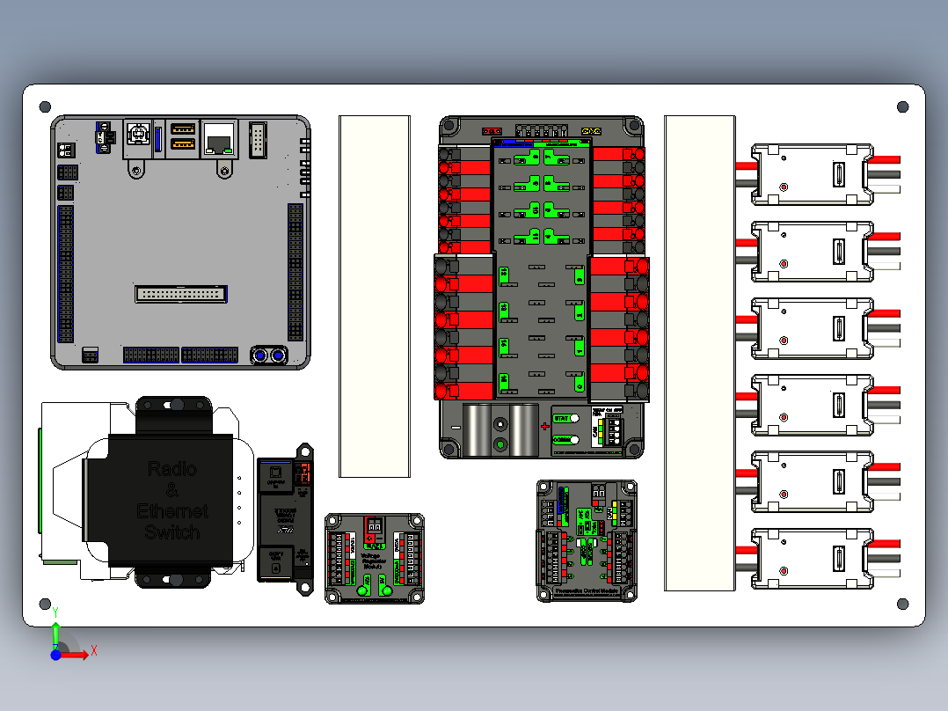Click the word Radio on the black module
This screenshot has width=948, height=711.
point(171,468)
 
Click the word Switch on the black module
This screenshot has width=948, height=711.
point(171,532)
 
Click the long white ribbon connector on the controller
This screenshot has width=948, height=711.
point(180,293)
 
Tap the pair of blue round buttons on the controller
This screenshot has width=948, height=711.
point(268,355)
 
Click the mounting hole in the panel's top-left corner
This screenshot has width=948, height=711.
point(46,107)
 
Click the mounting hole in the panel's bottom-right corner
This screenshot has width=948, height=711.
point(902,604)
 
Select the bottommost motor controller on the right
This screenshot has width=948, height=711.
point(813,559)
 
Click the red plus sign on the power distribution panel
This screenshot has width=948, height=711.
point(544,427)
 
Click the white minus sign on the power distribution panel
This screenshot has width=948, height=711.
point(456,427)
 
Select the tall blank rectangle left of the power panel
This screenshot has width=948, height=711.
point(375,296)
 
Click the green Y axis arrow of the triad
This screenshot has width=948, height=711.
point(55,627)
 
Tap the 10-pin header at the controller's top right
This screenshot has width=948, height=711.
point(258,139)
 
